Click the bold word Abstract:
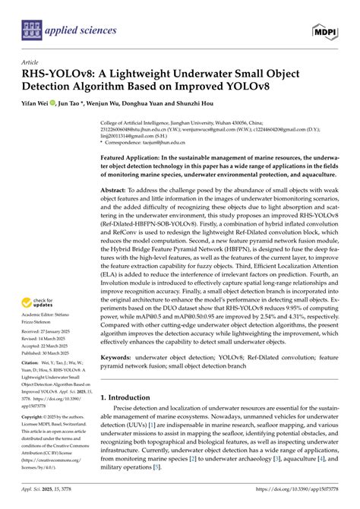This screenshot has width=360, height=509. click(118, 188)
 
